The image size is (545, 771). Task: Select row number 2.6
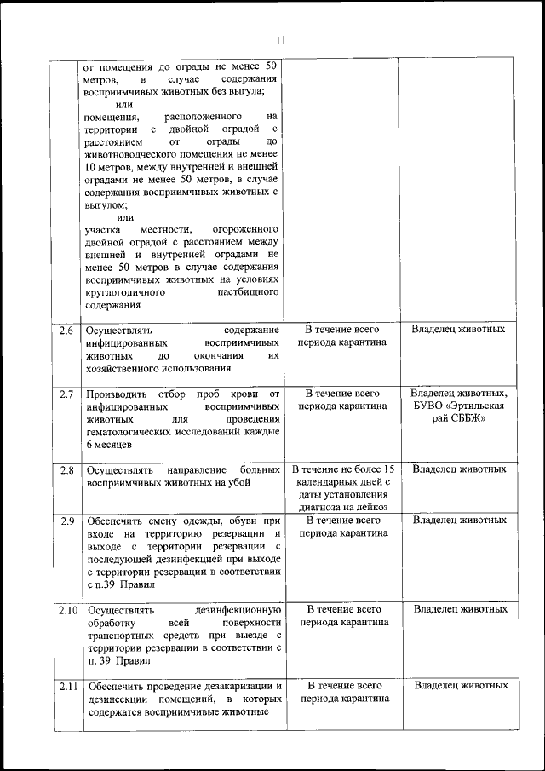pos(67,330)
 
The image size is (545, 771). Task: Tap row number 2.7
pos(67,394)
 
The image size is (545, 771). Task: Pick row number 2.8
pos(67,469)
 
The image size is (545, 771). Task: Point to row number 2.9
pos(67,521)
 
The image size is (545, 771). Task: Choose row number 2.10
pos(68,610)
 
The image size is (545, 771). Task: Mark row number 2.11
pos(68,686)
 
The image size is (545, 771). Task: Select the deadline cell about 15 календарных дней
pos(341,488)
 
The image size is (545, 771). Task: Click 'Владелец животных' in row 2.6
pos(459,329)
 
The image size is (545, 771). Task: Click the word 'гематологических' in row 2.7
pos(131,433)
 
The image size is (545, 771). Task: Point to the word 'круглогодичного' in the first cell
pos(127,292)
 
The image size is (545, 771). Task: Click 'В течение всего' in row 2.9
pos(342,520)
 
